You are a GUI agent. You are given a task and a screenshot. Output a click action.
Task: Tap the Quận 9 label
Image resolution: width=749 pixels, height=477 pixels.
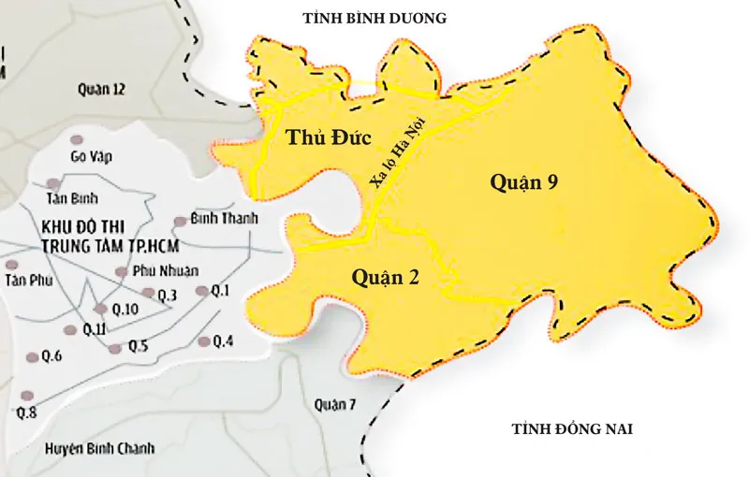(524, 182)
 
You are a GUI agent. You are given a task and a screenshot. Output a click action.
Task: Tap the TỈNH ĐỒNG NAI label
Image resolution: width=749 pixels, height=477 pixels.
(573, 429)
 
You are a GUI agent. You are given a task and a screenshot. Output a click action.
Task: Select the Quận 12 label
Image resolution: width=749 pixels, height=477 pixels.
(101, 89)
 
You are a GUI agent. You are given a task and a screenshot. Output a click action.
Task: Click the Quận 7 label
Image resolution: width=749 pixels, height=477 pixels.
(336, 404)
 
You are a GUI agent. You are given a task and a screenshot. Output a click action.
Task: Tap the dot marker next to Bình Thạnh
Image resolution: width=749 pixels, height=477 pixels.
(179, 223)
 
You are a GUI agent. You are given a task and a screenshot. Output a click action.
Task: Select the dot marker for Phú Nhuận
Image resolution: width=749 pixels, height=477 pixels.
(121, 271)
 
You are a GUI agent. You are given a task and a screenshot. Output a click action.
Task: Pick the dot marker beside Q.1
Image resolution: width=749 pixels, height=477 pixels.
(200, 291)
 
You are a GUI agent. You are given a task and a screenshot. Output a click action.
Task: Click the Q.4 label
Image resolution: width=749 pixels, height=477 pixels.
(223, 340)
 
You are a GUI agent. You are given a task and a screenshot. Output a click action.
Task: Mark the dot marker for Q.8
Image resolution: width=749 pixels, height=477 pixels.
(26, 396)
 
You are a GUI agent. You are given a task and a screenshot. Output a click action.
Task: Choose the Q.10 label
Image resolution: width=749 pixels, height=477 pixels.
(124, 309)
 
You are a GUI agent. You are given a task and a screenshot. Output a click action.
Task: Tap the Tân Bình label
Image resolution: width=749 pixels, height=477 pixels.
(72, 199)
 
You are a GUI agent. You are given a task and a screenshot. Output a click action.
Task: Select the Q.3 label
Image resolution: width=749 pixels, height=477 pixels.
(168, 295)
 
